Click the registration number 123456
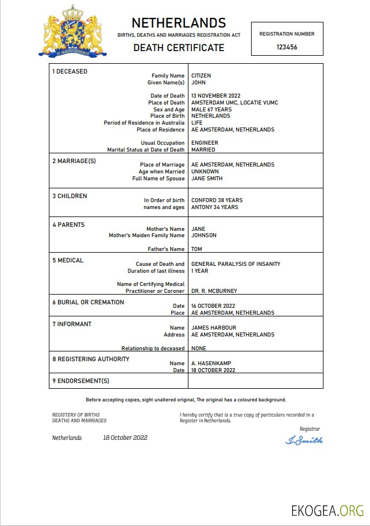(287, 47)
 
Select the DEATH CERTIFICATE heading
(179, 48)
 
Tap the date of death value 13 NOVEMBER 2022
(215, 96)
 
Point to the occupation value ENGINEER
(203, 143)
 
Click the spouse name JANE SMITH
(207, 179)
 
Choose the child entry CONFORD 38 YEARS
(217, 200)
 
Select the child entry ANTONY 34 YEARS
(214, 207)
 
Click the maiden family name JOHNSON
(204, 235)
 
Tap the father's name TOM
(196, 249)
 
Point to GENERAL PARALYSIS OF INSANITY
(236, 264)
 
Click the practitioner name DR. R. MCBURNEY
(214, 291)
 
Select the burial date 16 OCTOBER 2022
(213, 306)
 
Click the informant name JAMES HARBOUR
(213, 327)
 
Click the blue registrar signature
(304, 440)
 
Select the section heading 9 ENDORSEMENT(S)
(80, 381)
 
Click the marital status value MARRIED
(203, 150)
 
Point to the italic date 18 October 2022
(125, 438)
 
